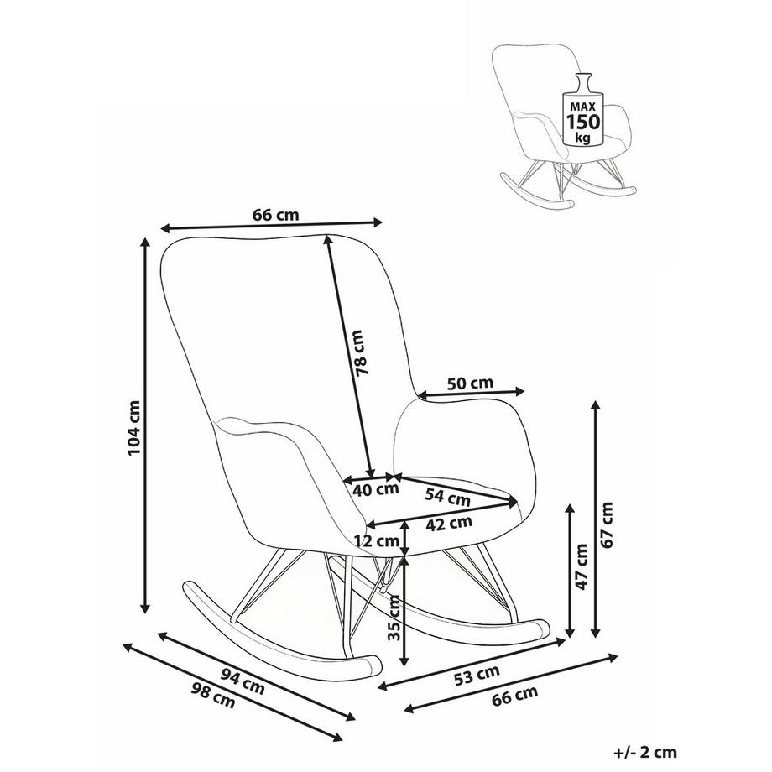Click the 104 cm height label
[x=134, y=428]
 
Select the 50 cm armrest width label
[x=470, y=383]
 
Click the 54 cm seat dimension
[x=447, y=497]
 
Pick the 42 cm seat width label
[x=449, y=523]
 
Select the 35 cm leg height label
[x=395, y=618]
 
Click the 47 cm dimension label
[x=582, y=566]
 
